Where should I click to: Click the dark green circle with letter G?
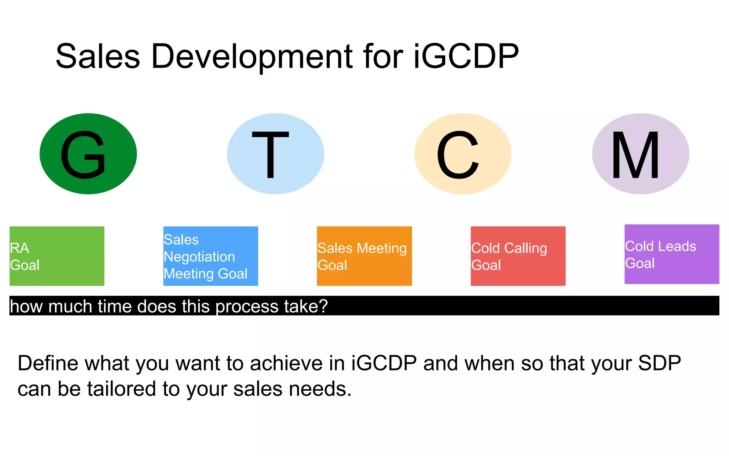[88, 154]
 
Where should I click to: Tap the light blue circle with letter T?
[276, 154]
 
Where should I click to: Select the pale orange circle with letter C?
[463, 154]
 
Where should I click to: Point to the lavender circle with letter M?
[641, 154]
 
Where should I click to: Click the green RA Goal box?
[57, 256]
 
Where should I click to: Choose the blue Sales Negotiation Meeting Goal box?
[211, 256]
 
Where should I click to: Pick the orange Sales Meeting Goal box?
[364, 256]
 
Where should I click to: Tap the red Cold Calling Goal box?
[518, 256]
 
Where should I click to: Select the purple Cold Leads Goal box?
[672, 254]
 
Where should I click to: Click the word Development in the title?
[251, 56]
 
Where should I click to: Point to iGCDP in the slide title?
[466, 56]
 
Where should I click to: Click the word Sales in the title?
[98, 56]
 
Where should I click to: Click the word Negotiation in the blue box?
[199, 256]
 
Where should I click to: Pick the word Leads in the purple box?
[679, 246]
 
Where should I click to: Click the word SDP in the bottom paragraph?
[659, 363]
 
